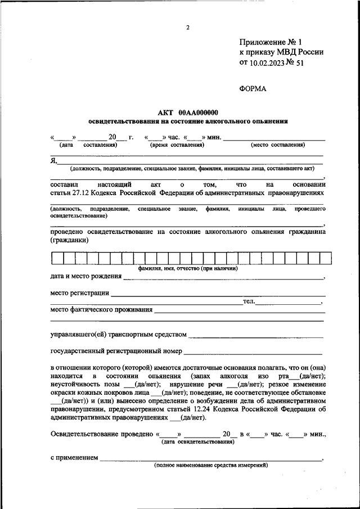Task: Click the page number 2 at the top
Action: [x=187, y=28]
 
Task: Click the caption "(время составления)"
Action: [x=177, y=145]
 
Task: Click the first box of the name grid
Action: [x=57, y=258]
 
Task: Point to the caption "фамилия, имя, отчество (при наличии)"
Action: [x=188, y=269]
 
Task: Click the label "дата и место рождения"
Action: [x=85, y=277]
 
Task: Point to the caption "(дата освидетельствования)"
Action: [x=197, y=442]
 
